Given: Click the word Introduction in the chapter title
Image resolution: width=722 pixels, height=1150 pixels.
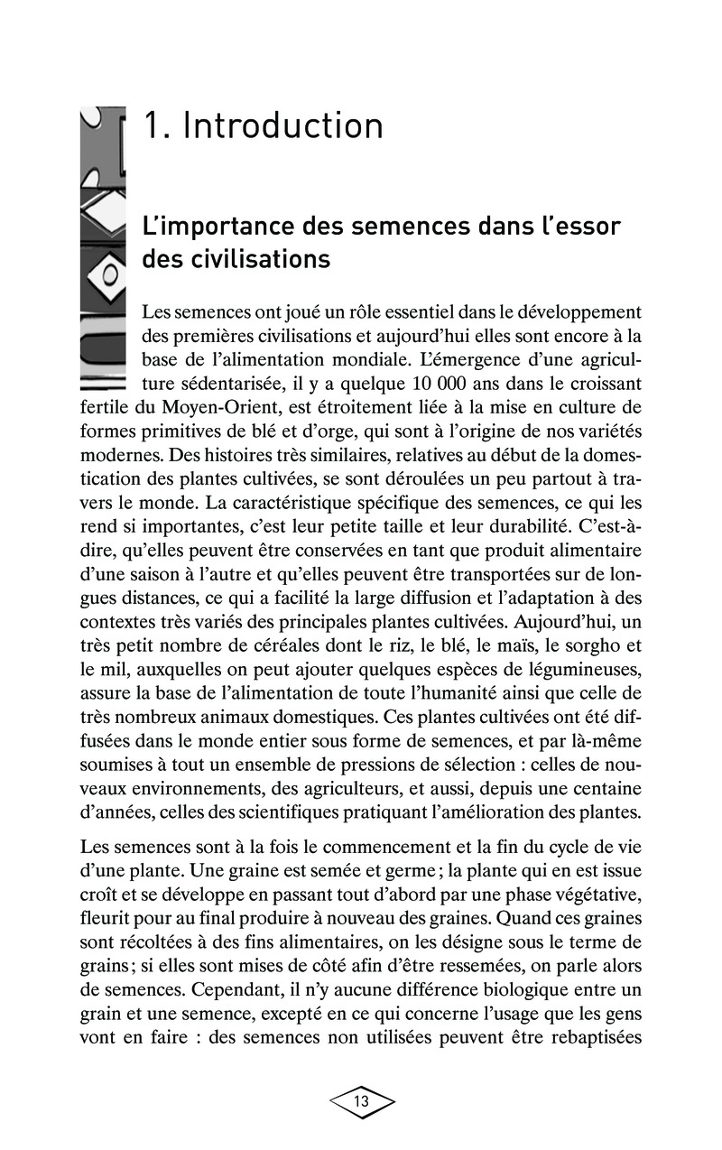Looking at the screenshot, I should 283,125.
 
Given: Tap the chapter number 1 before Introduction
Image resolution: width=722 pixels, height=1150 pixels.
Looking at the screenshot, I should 153,125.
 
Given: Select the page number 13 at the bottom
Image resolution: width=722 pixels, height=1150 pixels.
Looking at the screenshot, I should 361,1101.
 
